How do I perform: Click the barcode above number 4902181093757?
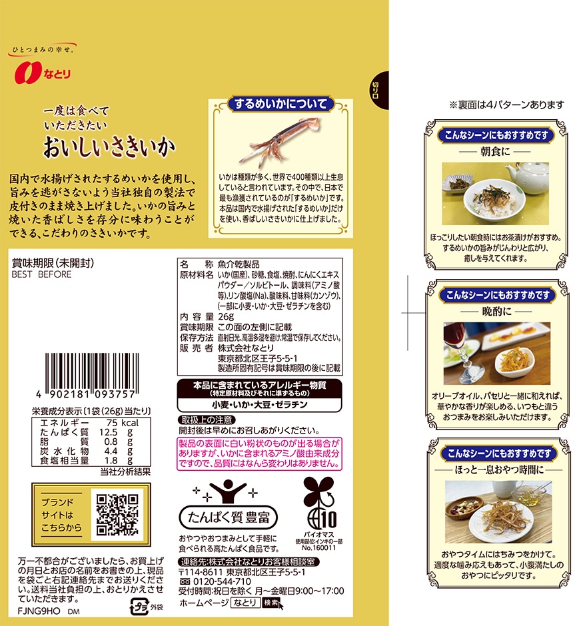92,372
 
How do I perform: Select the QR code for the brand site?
117,514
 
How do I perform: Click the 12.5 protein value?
108,432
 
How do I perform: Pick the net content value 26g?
226,316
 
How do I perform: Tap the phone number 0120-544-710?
222,581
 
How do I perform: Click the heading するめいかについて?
281,104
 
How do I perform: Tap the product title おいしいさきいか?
109,147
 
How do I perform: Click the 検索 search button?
271,603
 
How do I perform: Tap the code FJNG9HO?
39,611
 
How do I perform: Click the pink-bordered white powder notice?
260,454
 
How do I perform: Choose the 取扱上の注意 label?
207,420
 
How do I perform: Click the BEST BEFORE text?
41,274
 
